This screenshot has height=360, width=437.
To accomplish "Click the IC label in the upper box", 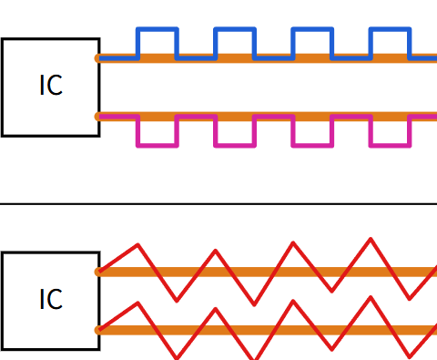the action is coord(51,85).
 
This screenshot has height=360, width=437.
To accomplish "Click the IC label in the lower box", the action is coord(51,299).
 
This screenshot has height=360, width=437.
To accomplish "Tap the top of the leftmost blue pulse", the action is coord(158,29).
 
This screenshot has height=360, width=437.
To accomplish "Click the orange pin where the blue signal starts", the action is coord(97,58).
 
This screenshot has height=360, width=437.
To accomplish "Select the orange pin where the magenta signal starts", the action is coord(97,117).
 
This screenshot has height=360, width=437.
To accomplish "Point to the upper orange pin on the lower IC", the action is coord(97,272).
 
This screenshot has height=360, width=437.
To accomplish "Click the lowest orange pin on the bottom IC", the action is coord(97,330).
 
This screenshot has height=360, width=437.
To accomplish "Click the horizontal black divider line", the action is coord(218,204).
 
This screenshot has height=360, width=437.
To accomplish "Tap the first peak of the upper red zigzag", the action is coord(138,244).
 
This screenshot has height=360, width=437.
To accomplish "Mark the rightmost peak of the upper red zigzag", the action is coord(371,239).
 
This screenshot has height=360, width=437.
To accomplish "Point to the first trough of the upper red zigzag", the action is coord(177,301).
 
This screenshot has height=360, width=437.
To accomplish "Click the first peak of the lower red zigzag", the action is coord(138,303).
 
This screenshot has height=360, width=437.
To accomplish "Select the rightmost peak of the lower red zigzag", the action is coord(371,297).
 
